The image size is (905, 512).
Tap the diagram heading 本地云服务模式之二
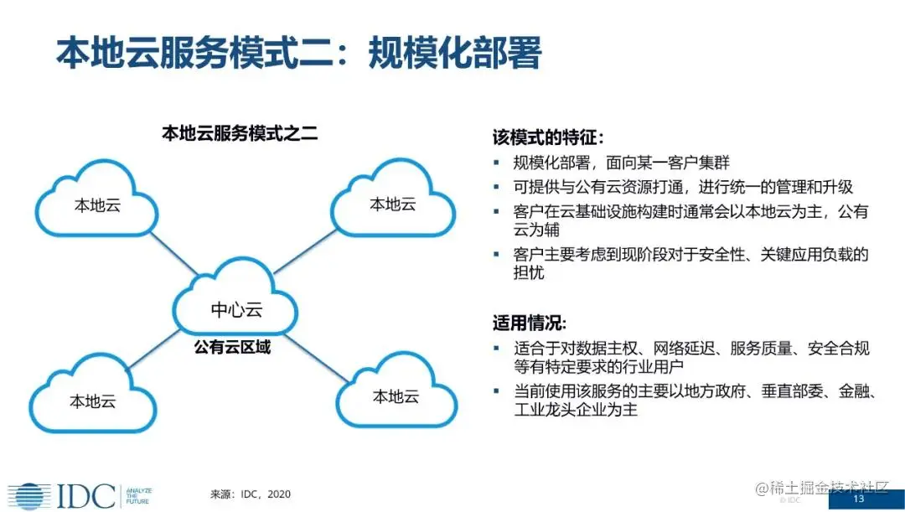(x=240, y=132)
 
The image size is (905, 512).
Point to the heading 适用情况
(x=530, y=323)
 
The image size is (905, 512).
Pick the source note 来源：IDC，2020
(x=251, y=494)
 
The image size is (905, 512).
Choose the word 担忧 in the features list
(x=529, y=272)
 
